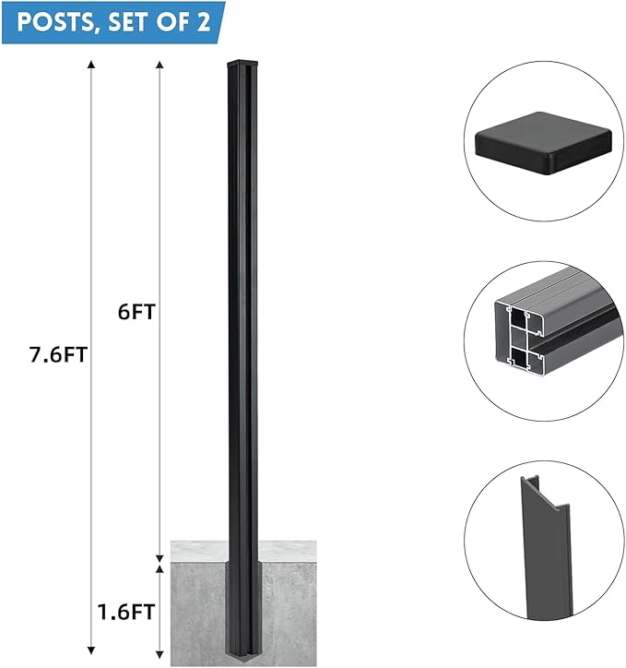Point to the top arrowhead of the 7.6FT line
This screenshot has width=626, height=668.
click(90, 64)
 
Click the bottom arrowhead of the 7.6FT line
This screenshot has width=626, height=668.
click(90, 650)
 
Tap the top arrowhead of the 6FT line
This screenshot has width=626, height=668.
click(160, 64)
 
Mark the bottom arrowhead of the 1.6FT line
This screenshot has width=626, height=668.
click(160, 650)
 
